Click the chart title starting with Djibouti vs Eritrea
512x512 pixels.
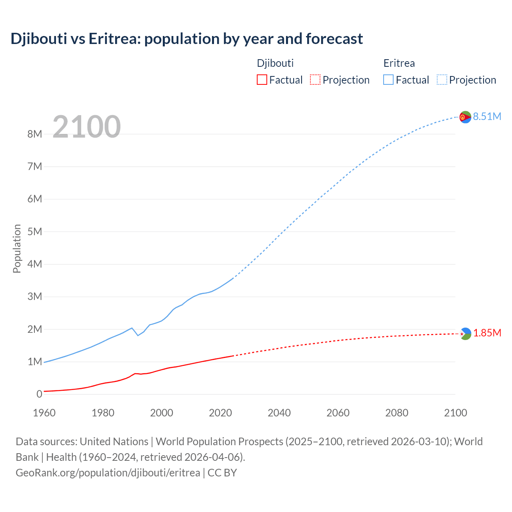coord(186,39)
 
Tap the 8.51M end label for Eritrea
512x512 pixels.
coord(487,116)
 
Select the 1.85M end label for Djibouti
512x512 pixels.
coord(487,333)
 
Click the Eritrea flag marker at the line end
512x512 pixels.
coord(465,117)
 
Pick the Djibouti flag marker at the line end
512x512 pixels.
coord(465,334)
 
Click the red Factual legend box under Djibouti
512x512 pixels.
coord(262,80)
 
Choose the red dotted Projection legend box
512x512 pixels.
coord(315,80)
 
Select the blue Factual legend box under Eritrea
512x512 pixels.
coord(388,80)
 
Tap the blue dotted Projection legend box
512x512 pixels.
coord(442,80)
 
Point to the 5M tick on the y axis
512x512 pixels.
coord(35,232)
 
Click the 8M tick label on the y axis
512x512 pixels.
coord(35,134)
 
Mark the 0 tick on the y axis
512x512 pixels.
coord(39,394)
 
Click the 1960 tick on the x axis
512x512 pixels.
coord(44,413)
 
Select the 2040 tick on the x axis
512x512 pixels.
coord(279,413)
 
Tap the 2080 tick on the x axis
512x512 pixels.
coord(397,413)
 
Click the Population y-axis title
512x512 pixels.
coord(17,248)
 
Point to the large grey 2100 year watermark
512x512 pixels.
coord(86,127)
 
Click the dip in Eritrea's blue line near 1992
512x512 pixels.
coord(138,335)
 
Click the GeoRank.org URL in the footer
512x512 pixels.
coord(108,473)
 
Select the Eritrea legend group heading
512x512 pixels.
coord(399,63)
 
